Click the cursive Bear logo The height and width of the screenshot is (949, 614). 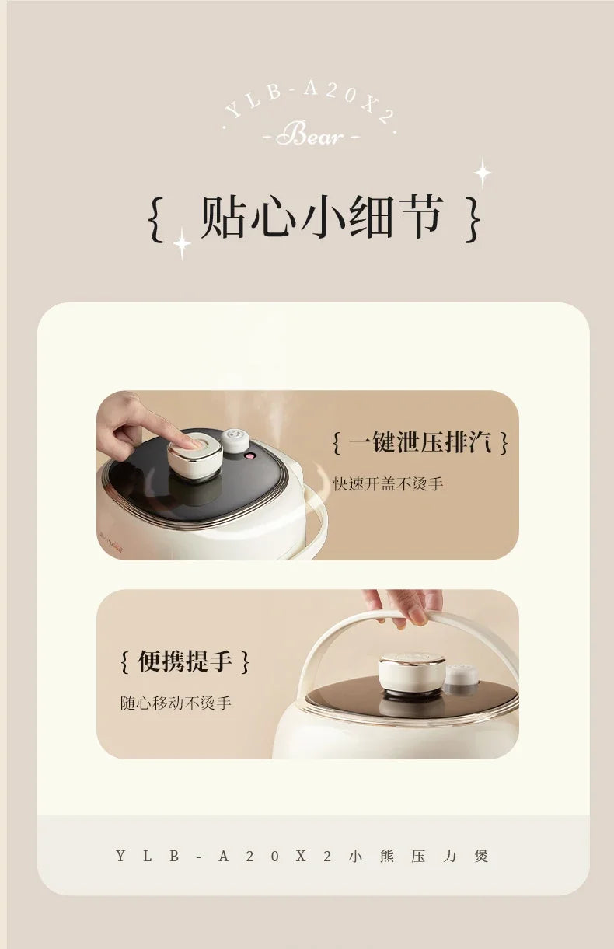coord(309,136)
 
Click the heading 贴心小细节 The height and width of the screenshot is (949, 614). coord(322,217)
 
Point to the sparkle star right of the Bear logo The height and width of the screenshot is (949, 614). coord(483,173)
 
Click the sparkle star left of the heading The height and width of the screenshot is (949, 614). coord(182,243)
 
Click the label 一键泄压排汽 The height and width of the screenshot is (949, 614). coord(420,443)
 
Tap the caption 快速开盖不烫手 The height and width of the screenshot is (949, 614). coord(388,483)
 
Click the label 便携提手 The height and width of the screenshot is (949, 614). coord(185,661)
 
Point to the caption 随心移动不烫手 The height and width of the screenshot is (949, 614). coord(176,703)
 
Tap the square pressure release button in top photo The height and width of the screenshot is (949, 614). coord(196,452)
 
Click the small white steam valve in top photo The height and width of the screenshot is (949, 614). coord(235,440)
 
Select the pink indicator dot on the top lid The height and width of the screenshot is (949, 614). coord(251,457)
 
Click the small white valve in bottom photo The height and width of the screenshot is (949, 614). coord(461,675)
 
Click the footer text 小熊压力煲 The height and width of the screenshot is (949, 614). coord(419,856)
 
